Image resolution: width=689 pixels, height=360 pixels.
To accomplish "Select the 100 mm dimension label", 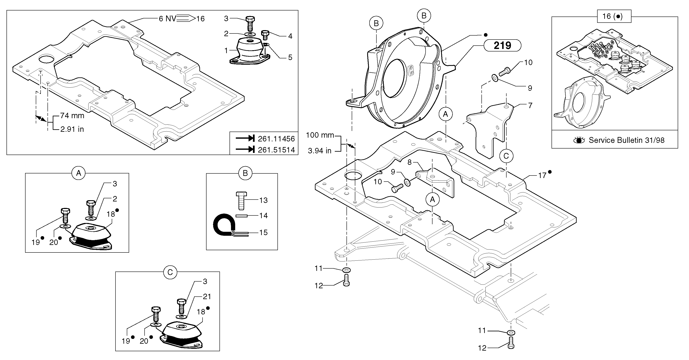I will [320, 135].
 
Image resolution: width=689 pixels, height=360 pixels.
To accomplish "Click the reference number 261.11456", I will [276, 139].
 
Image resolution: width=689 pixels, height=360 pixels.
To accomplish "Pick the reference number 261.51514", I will [276, 150].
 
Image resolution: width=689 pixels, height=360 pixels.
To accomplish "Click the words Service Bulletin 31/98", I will [626, 140].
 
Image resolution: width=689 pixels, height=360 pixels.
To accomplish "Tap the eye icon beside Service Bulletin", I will [579, 140].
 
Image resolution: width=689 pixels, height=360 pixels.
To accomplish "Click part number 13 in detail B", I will [263, 200].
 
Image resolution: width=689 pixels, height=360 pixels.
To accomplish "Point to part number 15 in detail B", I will [263, 232].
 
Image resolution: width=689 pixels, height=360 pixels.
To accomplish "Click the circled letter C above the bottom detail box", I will [170, 272].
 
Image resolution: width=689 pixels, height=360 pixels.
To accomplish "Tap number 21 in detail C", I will [207, 296].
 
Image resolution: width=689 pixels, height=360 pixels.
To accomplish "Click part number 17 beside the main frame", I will [542, 176].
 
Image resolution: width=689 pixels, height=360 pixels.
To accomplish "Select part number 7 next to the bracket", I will [530, 105].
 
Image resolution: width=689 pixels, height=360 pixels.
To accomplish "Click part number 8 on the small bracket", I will [409, 162].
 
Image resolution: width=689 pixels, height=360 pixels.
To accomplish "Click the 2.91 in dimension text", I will [72, 129].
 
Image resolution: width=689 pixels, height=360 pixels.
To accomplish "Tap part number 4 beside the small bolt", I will [290, 36].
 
